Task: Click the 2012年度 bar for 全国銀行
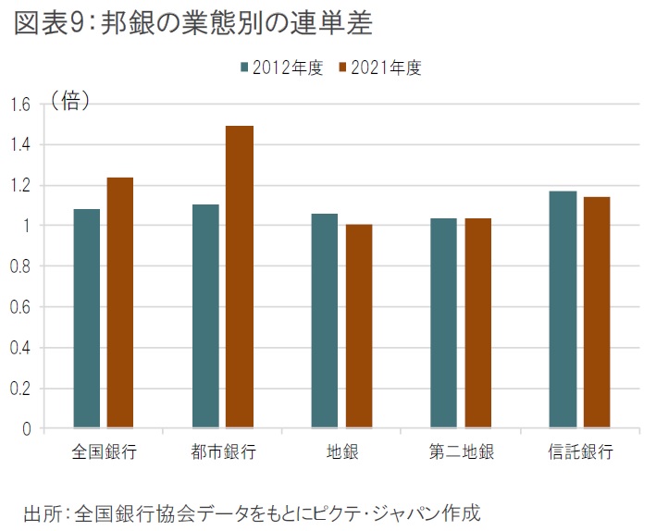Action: (x=87, y=318)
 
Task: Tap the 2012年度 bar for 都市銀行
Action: (x=205, y=316)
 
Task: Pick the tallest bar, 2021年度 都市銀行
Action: (x=240, y=277)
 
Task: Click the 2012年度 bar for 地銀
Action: (x=325, y=321)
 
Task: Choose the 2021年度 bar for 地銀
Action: (x=359, y=326)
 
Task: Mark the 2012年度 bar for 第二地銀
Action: (x=444, y=323)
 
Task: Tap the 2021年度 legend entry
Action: (x=379, y=68)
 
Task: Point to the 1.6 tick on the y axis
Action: (x=20, y=105)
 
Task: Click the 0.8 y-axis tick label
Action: (x=20, y=266)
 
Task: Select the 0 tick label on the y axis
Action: (x=27, y=429)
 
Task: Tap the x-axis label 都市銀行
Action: (x=223, y=453)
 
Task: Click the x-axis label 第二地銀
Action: (x=461, y=453)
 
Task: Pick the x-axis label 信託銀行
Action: (x=580, y=453)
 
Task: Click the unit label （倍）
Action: (x=70, y=101)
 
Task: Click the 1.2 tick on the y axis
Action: (x=20, y=186)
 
